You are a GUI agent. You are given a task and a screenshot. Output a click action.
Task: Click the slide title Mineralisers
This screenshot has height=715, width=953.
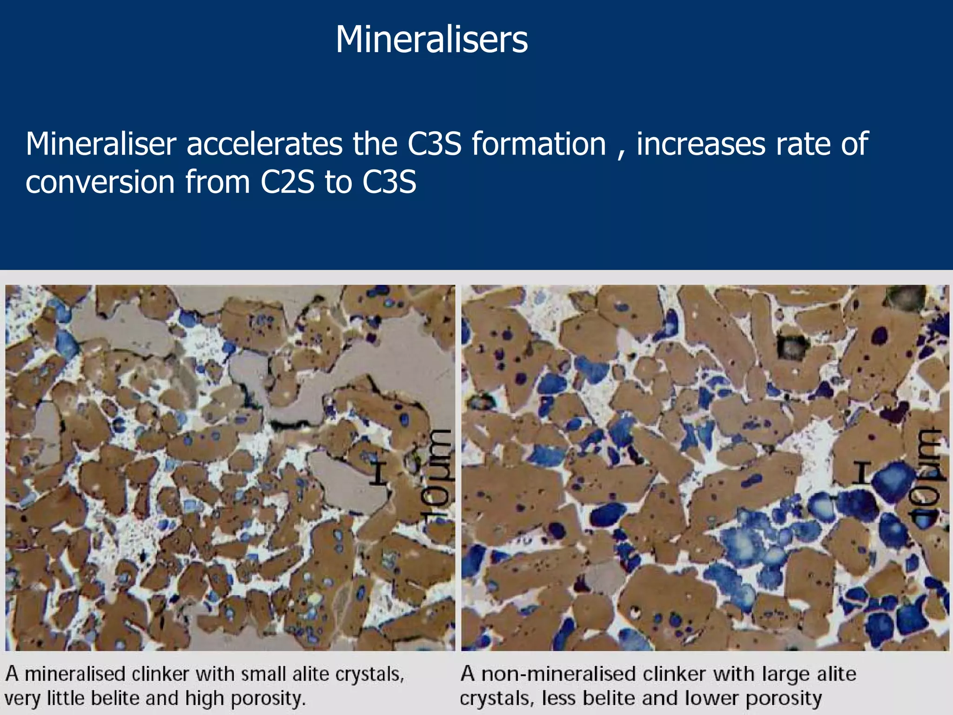431,40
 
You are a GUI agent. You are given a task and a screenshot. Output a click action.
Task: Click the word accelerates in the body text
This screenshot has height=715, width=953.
264,144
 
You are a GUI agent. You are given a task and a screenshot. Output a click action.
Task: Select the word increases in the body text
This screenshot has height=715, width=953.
700,144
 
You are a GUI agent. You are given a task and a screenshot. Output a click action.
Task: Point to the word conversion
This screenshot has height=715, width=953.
100,182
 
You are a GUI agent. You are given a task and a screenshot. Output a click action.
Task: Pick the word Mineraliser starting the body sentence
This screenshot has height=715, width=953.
101,144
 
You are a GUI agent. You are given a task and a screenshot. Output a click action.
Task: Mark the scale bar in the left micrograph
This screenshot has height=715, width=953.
379,472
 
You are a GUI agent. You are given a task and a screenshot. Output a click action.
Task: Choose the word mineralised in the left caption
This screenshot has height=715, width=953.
76,674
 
